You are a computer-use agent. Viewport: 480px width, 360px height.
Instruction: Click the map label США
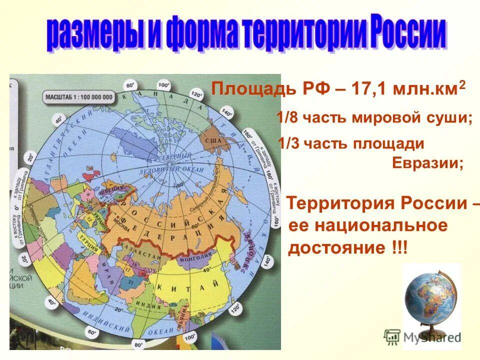click(x=213, y=141)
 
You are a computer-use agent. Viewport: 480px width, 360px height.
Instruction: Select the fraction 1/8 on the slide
click(x=286, y=119)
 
